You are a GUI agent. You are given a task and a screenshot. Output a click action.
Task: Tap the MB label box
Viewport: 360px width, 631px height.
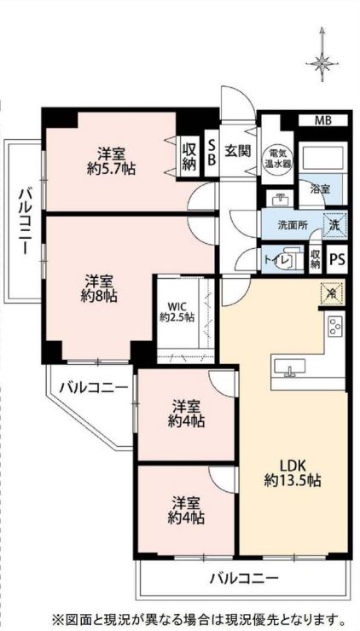point(323,120)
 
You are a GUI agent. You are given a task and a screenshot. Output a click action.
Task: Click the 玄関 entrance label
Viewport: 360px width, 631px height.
point(238,151)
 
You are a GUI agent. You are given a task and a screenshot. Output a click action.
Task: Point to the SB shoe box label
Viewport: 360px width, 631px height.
point(212,153)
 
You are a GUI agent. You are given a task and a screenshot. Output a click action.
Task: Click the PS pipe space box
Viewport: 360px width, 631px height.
point(338,259)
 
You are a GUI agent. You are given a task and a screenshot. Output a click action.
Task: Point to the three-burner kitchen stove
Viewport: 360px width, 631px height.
point(335,327)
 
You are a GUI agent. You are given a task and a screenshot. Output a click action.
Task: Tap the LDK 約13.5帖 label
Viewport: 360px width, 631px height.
point(293,473)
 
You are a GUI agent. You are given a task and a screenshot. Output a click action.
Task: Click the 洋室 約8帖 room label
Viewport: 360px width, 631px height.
point(101,289)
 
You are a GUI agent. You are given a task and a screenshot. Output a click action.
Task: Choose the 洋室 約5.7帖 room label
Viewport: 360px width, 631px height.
point(111,162)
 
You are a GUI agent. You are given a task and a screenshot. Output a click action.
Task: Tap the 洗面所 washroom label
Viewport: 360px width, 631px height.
point(293,225)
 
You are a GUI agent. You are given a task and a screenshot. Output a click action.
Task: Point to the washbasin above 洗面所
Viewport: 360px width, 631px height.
point(281,199)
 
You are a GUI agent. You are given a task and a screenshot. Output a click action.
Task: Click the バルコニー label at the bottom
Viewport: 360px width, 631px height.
point(244,580)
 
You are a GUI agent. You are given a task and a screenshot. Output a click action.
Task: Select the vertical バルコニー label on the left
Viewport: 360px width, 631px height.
point(24,221)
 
